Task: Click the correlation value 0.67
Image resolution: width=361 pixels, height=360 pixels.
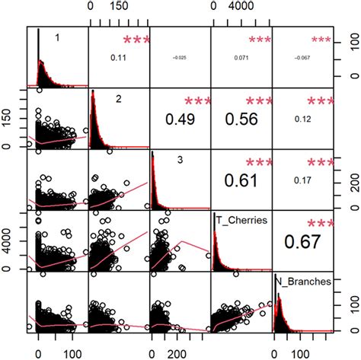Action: pyautogui.click(x=302, y=241)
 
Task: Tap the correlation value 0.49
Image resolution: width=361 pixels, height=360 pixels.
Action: pyautogui.click(x=180, y=119)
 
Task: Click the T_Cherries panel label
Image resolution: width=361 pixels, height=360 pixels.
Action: pyautogui.click(x=242, y=221)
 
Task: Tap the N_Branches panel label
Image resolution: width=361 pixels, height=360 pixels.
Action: pyautogui.click(x=303, y=282)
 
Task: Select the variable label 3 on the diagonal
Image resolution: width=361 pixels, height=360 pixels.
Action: pyautogui.click(x=180, y=160)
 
